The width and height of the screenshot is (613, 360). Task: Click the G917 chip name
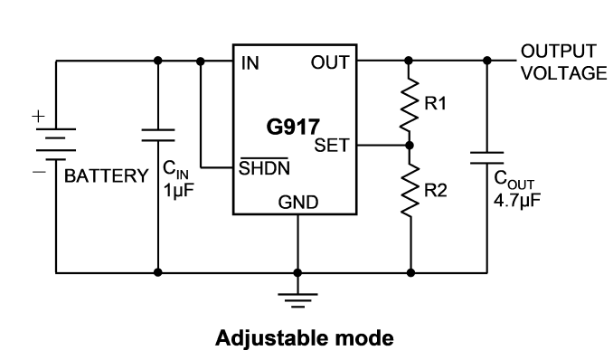pos(293,128)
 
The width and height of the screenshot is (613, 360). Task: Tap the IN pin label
pos(250,63)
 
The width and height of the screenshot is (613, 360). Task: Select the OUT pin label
pos(330,62)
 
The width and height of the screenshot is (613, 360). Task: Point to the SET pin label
pos(332,146)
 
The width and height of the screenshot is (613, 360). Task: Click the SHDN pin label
pos(264,168)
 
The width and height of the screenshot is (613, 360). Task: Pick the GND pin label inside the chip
pos(298,203)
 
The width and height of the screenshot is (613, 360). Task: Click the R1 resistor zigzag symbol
pos(410,104)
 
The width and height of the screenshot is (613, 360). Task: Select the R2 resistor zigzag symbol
pos(410,189)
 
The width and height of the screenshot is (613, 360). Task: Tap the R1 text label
pos(435,104)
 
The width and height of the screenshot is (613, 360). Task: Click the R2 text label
pos(436,191)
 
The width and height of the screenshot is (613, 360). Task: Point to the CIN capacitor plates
pos(158,135)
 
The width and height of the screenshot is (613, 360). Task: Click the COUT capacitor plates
pos(487,157)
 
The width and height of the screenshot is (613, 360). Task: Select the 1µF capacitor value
pos(179,191)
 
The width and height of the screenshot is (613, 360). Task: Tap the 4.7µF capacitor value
pos(517,200)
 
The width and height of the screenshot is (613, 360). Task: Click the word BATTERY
pos(107,176)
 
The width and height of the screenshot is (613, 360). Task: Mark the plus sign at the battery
pos(38,116)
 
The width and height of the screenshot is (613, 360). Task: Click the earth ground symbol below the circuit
pos(297,300)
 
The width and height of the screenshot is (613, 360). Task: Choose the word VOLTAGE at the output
pos(564,73)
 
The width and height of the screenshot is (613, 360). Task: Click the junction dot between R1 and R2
pos(410,146)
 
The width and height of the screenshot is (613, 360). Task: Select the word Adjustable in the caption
pos(269,339)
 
